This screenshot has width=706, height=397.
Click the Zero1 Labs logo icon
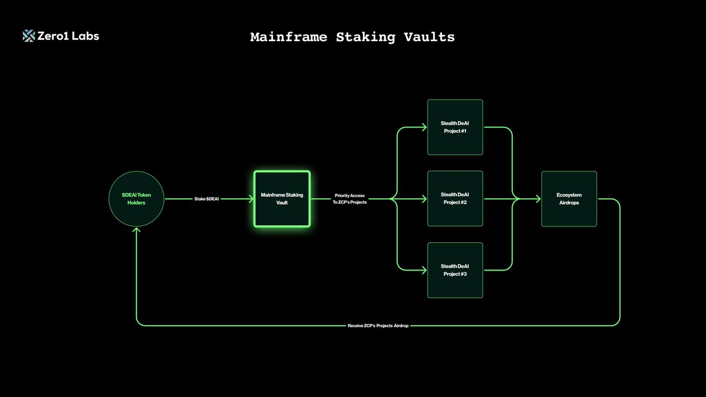click(x=29, y=36)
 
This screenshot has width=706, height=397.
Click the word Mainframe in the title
click(x=289, y=37)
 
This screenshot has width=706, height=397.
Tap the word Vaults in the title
click(x=429, y=37)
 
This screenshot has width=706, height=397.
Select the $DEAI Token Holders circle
click(x=136, y=199)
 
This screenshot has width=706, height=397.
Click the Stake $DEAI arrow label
click(x=207, y=199)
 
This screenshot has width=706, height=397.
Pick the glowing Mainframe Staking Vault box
click(x=282, y=199)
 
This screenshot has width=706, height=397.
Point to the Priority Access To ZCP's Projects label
click(x=349, y=199)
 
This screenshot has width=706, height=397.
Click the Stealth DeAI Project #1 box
click(x=455, y=127)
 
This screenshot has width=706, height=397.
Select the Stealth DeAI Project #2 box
click(x=455, y=199)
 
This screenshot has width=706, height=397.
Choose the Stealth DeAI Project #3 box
click(x=455, y=270)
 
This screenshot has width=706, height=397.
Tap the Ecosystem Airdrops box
click(x=570, y=199)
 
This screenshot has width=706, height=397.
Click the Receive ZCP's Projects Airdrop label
click(x=378, y=325)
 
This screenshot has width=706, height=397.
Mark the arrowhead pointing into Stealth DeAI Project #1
click(x=424, y=127)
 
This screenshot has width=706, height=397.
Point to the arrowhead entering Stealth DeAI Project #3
click(x=424, y=270)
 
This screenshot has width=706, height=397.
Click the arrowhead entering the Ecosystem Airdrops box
click(x=538, y=199)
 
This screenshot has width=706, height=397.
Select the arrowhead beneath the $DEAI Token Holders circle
click(x=136, y=230)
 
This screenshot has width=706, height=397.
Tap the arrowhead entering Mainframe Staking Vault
click(x=251, y=199)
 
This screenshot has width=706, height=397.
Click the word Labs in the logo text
click(x=85, y=36)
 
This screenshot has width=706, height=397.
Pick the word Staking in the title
click(x=365, y=38)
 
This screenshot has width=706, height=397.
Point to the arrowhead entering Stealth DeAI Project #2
click(x=424, y=199)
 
